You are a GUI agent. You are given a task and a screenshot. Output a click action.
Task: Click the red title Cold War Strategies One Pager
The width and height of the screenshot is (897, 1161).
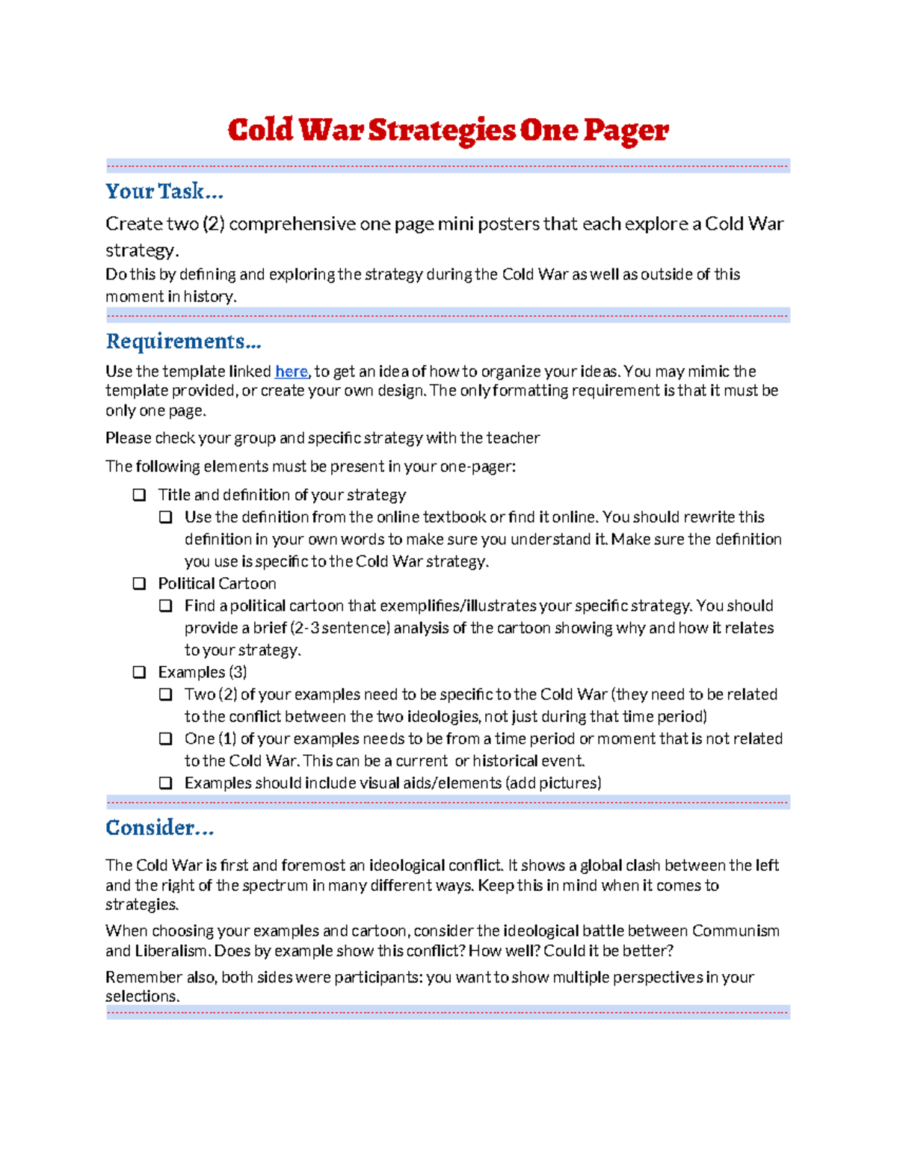point(448,130)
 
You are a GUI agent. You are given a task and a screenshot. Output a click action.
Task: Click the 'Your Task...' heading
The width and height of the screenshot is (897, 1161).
point(164,191)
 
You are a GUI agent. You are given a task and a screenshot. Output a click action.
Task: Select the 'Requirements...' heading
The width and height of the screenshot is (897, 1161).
point(183,342)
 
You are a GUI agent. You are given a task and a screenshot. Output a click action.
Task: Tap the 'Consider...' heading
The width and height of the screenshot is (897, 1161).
point(160,828)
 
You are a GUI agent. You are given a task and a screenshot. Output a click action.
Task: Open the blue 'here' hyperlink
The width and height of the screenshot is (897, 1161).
point(291,372)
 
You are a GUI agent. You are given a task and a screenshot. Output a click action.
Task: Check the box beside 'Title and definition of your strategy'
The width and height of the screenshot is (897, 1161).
point(139,495)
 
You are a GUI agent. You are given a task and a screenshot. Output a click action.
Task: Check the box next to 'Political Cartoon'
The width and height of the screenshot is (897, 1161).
point(139,584)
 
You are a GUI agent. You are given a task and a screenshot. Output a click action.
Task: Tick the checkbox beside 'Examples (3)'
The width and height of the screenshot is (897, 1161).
point(139,672)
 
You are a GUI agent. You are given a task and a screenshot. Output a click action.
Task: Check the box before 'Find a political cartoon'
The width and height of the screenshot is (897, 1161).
point(166,606)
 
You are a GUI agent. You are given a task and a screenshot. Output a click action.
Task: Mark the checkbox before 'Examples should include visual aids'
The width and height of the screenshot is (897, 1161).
point(166,783)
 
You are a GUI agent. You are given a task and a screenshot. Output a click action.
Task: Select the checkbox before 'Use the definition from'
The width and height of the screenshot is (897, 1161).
point(166,517)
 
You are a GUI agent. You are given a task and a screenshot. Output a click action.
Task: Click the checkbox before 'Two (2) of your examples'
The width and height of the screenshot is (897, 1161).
point(166,695)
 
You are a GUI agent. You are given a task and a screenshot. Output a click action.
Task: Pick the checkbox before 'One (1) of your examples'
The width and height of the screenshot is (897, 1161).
point(166,739)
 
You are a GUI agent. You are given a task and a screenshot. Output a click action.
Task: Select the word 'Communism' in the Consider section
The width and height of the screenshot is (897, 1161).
point(736,931)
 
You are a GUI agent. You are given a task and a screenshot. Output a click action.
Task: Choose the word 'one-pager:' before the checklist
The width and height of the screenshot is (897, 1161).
point(478,466)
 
